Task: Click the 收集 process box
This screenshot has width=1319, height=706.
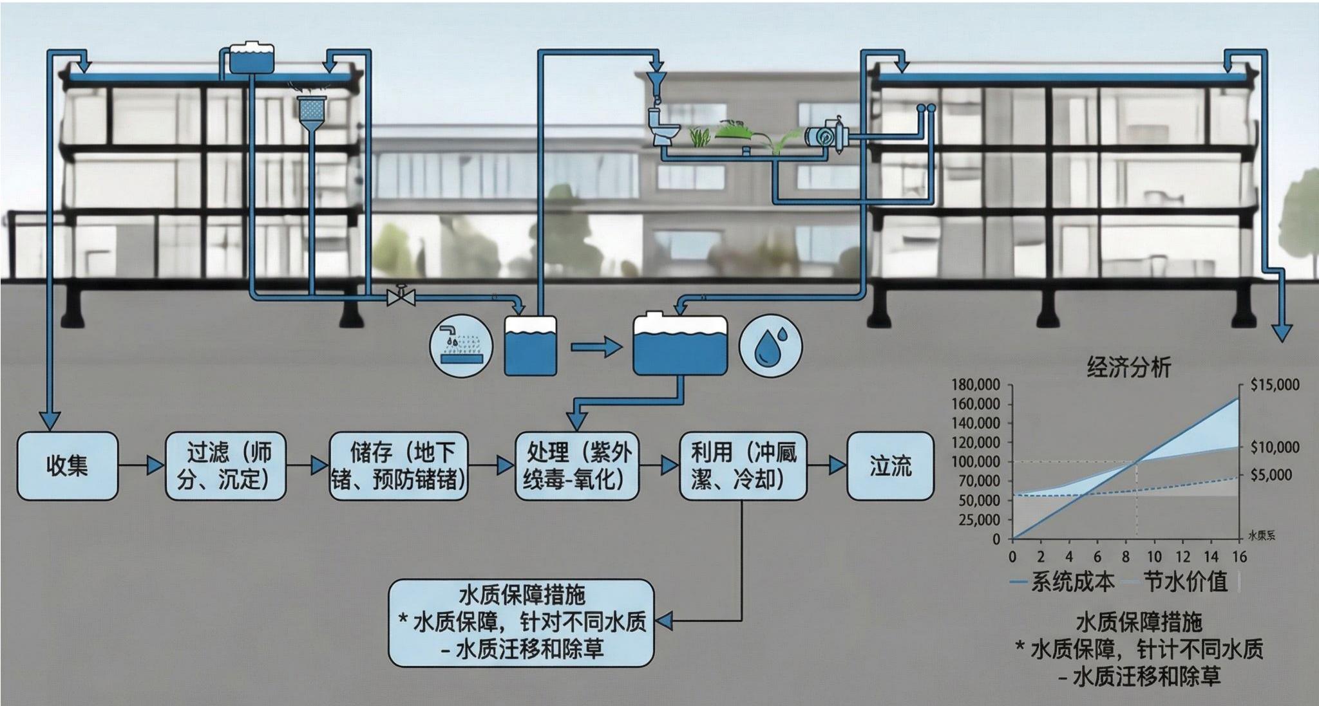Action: point(67,466)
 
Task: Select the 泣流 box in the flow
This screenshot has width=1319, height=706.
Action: point(890,466)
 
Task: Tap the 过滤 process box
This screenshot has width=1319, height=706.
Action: point(225,466)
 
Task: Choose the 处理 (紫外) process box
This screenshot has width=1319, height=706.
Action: point(577,466)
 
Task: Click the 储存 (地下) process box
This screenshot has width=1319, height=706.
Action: point(399,466)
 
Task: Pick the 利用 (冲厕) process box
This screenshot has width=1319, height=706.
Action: point(743,466)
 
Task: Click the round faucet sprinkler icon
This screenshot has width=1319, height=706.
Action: point(460,346)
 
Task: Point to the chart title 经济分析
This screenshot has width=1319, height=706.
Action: point(1128,367)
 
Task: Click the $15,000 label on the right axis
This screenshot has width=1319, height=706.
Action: point(1275,385)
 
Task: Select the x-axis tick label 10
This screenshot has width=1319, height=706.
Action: point(1154,556)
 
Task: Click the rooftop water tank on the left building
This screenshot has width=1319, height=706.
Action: point(252,58)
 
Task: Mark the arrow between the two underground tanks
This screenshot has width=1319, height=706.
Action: point(596,348)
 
